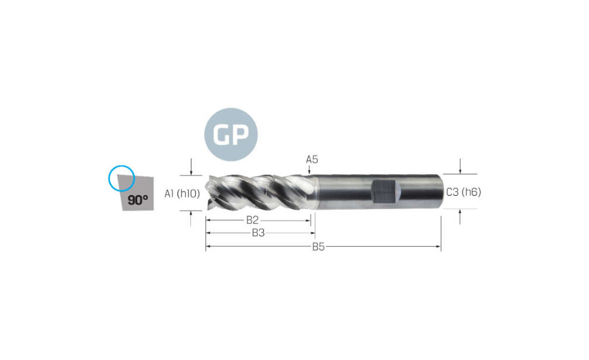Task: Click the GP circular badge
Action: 231,134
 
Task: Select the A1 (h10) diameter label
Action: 182,193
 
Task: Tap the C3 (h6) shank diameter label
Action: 464,192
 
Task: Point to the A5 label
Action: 312,159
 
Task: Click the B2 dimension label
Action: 253,220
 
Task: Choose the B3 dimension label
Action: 258,233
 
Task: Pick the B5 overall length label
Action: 318,247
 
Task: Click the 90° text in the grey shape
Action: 137,200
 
